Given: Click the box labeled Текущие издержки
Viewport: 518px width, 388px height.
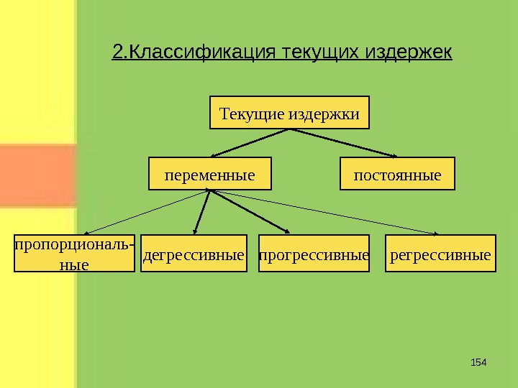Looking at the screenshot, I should click(289, 113).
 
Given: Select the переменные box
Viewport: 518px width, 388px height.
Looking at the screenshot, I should click(210, 174).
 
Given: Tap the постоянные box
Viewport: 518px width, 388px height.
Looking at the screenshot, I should click(397, 174).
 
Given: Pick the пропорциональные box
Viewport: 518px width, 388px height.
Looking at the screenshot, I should click(74, 254).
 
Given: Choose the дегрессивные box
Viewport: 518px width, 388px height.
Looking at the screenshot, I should click(194, 254).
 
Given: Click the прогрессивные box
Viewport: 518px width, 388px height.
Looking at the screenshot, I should click(313, 254).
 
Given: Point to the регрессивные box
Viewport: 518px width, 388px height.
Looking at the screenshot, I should click(441, 254).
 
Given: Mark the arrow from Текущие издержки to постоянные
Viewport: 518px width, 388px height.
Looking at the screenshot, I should click(344, 144).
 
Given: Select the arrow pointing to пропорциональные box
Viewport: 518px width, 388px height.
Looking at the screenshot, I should click(144, 213).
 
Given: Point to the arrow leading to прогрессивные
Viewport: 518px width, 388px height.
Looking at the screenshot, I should click(248, 213).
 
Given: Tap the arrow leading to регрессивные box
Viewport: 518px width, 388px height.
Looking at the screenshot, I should click(324, 213).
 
